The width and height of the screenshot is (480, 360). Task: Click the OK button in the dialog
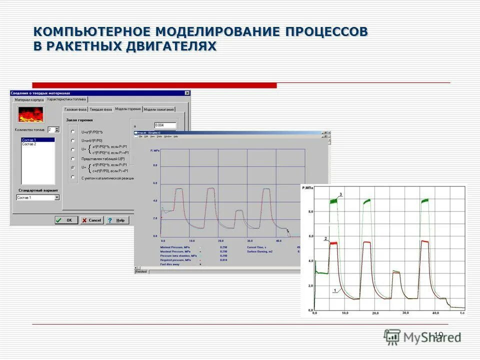coord(66,220)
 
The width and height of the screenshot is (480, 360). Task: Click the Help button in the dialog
coord(117,220)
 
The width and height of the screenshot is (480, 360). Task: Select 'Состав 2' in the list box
coord(29,144)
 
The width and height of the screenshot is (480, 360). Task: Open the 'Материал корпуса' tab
coord(29,100)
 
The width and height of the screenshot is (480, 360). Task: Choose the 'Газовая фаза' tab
coord(75,109)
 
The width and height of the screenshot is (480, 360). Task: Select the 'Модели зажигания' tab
coord(159,109)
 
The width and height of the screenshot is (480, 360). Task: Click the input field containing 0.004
coord(165,125)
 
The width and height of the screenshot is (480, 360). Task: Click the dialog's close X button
coord(187,93)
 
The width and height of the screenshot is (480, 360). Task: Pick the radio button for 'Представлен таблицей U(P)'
coord(73,158)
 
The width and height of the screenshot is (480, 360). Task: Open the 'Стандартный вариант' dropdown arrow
coord(56,197)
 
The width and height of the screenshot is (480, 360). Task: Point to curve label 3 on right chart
coord(340,194)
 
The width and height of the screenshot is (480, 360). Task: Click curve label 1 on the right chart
coord(334,290)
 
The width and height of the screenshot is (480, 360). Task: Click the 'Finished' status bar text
coord(141,271)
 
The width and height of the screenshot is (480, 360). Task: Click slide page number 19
coord(438,334)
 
